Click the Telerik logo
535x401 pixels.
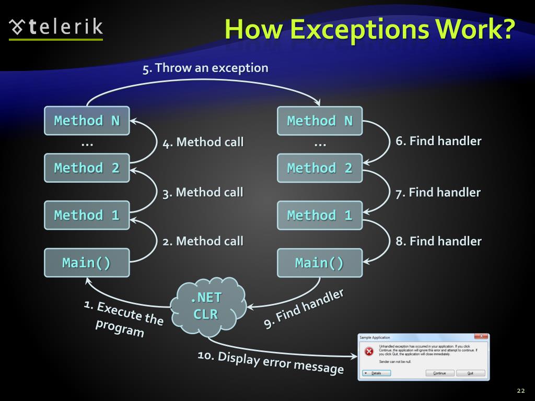coord(56,27)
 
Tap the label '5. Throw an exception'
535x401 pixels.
coord(205,68)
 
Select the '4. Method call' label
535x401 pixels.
coord(203,142)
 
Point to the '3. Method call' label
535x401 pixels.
coord(203,192)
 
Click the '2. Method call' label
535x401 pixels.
coord(203,241)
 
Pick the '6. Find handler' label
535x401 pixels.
coord(438,141)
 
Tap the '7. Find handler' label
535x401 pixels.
coord(438,192)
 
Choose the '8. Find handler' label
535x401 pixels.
coord(438,241)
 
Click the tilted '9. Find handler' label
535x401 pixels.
coord(304,309)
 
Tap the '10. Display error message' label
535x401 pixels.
coord(271,362)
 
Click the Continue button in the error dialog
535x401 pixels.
coord(439,373)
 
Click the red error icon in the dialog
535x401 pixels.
coord(369,351)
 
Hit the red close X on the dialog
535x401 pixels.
coord(481,336)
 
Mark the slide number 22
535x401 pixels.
coord(520,391)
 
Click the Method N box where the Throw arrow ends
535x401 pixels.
coord(319,121)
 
